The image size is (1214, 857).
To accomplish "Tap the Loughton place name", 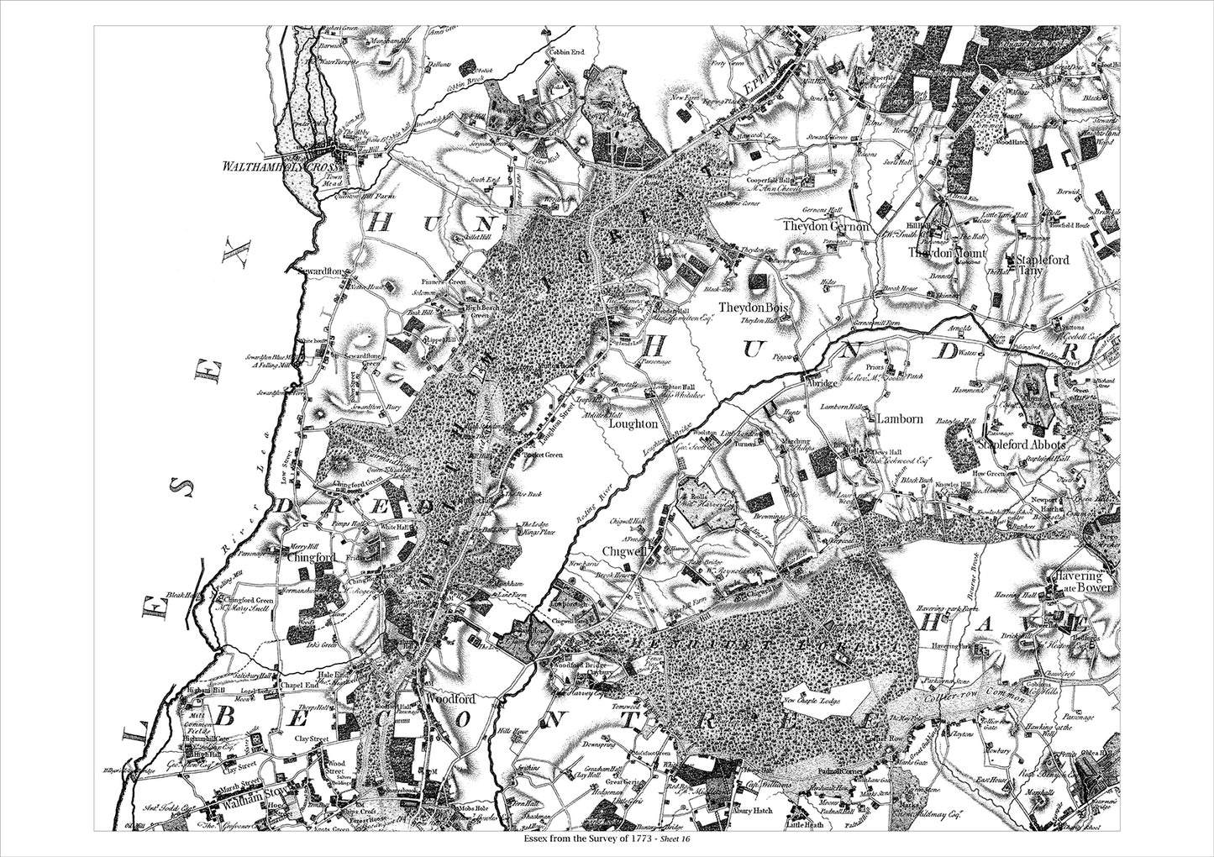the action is point(633,425).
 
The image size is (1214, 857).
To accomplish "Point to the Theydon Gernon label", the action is point(827,227).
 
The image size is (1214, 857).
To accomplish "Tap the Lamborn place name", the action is point(899,418).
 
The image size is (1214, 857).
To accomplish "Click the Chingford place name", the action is point(312,557).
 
